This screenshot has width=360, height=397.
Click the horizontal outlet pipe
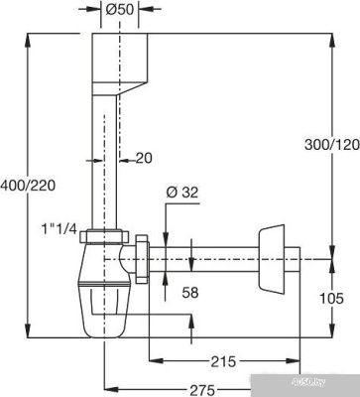pos(213,262)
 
